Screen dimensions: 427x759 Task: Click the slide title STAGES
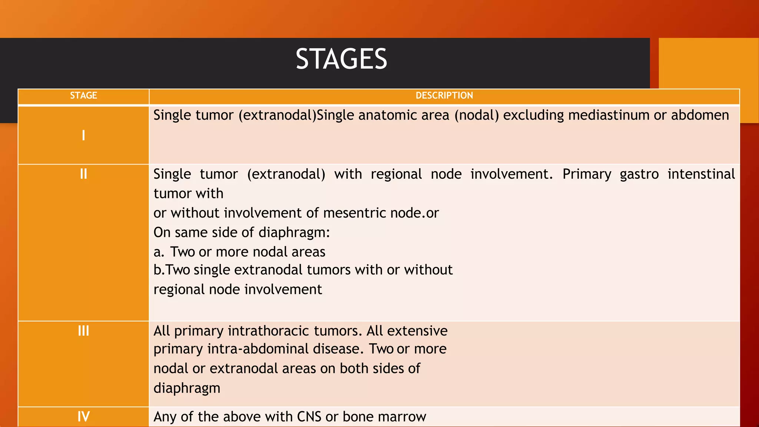click(x=341, y=59)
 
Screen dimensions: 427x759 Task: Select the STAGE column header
click(x=83, y=96)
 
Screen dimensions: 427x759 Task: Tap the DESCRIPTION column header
click(x=444, y=96)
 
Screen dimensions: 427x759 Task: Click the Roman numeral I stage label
click(x=83, y=135)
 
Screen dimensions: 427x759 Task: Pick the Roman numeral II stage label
click(x=83, y=174)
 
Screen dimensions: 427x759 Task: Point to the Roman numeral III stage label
click(x=83, y=331)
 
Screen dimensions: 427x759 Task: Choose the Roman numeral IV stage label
click(x=83, y=417)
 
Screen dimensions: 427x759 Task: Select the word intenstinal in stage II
click(x=701, y=174)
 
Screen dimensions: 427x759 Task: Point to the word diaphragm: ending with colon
click(x=294, y=233)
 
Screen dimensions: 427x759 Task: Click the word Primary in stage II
click(x=587, y=174)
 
